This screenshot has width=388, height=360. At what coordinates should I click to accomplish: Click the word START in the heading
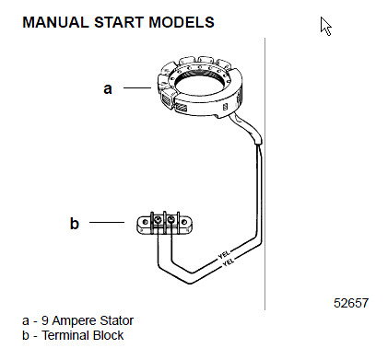119,22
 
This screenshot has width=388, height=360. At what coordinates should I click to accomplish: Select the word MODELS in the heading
182,22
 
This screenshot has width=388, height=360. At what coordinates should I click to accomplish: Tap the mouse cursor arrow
326,27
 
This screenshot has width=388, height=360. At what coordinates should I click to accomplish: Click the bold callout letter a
108,88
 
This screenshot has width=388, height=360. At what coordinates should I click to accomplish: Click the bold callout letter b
75,223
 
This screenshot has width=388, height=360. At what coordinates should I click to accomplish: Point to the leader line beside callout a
137,87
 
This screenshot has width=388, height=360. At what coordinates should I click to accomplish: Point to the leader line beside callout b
107,222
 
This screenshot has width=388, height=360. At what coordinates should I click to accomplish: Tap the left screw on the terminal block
158,220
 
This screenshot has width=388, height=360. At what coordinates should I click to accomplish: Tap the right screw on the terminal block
171,220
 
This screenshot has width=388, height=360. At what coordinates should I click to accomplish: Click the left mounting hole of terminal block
146,222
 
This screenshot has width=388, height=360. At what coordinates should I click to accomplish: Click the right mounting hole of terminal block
184,222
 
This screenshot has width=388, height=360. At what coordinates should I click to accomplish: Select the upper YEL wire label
224,254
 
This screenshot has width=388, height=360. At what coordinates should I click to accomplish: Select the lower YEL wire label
229,262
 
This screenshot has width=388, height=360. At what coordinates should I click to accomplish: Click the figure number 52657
351,303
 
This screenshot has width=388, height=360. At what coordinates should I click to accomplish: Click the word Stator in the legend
118,320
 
